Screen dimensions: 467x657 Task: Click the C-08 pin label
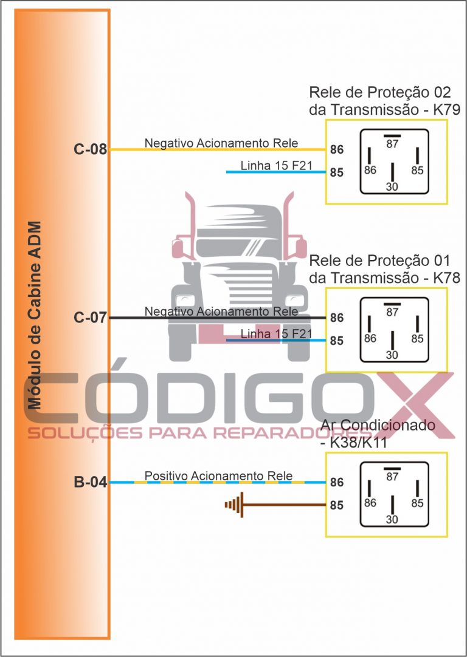point(91,149)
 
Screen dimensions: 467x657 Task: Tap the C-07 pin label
point(91,318)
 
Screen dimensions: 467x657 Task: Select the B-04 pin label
point(91,483)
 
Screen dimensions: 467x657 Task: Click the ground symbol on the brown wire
point(234,505)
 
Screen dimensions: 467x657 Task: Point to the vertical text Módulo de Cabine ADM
point(35,315)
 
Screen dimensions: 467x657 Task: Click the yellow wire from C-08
point(218,149)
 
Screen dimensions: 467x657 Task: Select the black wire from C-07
point(218,318)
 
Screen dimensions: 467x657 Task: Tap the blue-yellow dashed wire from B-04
point(218,483)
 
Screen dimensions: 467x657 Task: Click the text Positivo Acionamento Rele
point(219,476)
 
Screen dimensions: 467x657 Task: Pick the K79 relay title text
point(385,101)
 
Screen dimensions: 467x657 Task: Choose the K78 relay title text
point(385,269)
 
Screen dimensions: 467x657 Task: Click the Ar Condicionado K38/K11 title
point(378,434)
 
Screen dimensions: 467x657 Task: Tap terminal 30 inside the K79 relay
point(392,186)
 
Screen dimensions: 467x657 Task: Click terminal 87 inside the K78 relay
point(392,312)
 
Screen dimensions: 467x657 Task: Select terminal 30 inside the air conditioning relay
point(392,520)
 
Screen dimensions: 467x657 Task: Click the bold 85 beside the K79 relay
point(336,172)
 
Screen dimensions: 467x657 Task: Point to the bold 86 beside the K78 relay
point(336,318)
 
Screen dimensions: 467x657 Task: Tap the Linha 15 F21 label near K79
point(277,166)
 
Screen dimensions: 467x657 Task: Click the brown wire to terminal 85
point(285,505)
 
